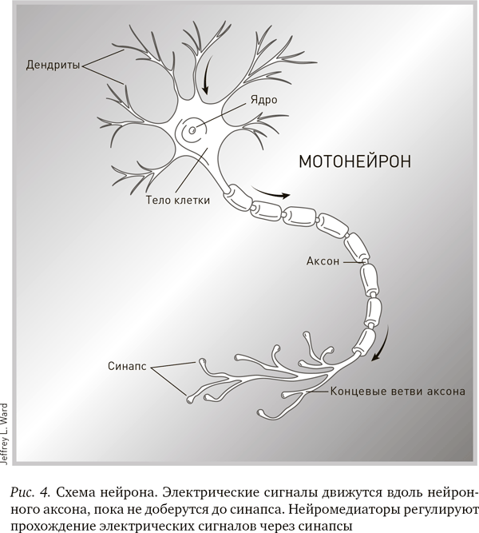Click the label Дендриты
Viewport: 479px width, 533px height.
53,65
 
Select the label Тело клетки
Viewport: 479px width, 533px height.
178,201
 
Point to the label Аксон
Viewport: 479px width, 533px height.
323,261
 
